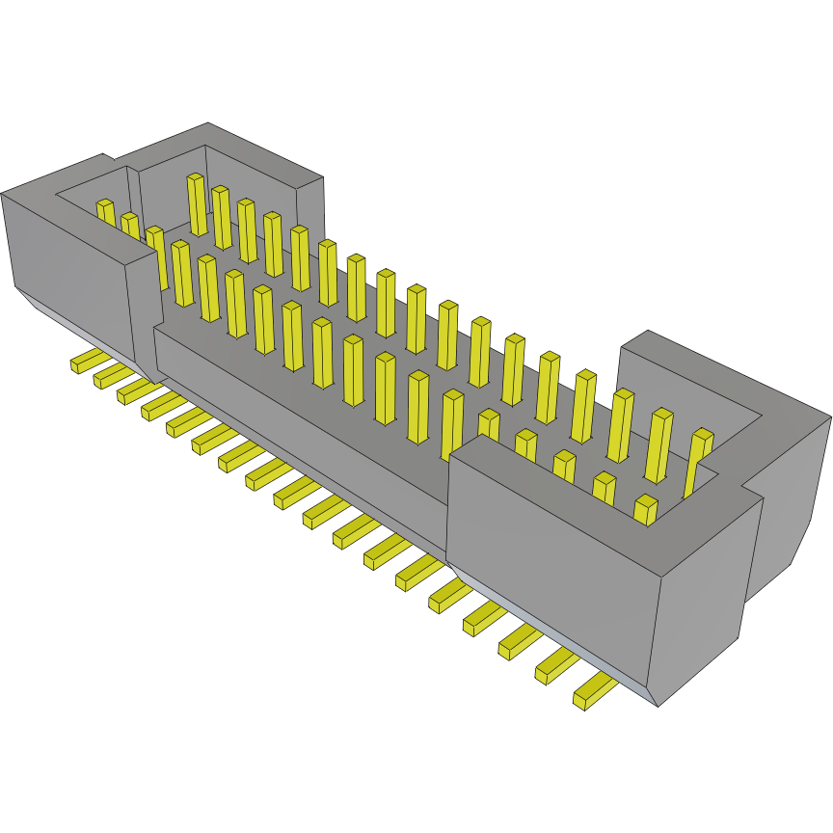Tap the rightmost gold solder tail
point(594,692)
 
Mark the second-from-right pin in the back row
point(658,445)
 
